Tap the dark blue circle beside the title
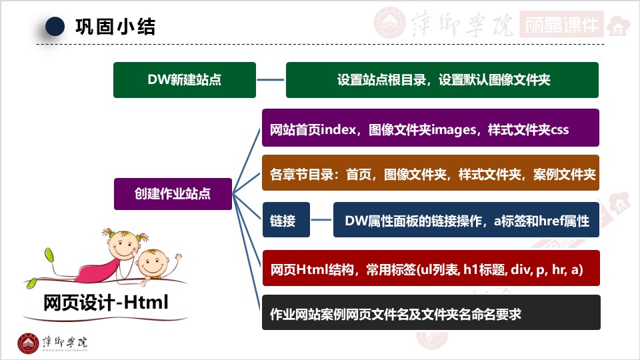[55, 27]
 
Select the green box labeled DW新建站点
[185, 80]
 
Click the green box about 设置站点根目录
[443, 80]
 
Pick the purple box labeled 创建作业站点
[173, 194]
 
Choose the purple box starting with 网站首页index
[431, 128]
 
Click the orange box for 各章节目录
[431, 173]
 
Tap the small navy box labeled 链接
[286, 220]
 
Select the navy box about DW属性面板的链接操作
[466, 220]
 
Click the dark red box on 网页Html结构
[431, 269]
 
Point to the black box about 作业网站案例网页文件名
[431, 313]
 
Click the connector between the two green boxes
[271, 80]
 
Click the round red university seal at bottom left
[28, 343]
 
